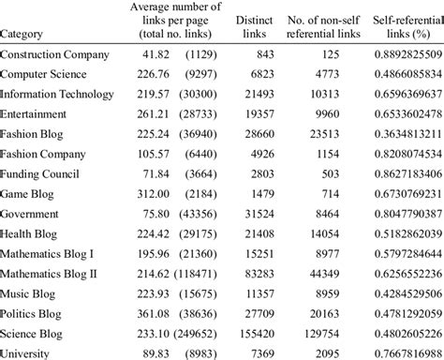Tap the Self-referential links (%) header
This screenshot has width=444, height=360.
(396, 28)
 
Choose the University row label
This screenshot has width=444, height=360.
(28, 353)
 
